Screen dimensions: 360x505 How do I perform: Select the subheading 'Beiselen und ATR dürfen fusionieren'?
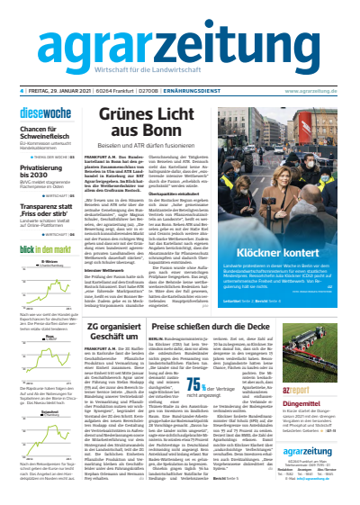142,170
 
